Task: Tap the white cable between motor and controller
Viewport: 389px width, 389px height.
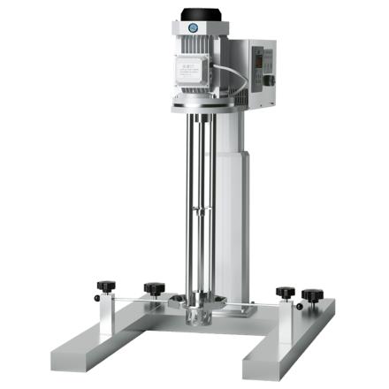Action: (x=232, y=69)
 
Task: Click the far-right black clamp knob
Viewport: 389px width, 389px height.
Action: (x=312, y=294)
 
